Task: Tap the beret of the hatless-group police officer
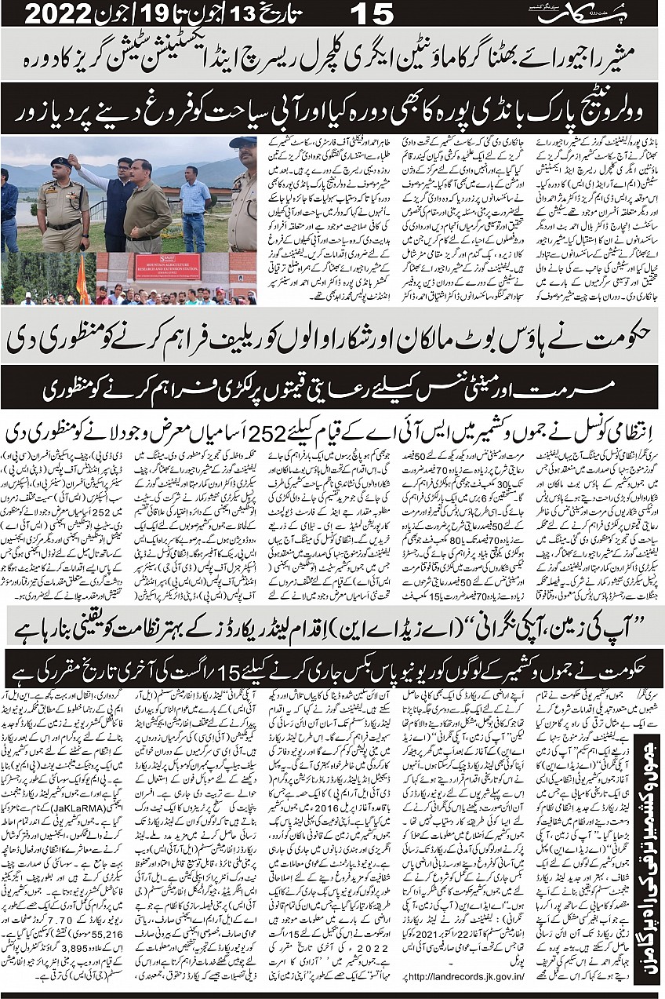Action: [x=60, y=162]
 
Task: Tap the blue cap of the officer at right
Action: [x=243, y=143]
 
